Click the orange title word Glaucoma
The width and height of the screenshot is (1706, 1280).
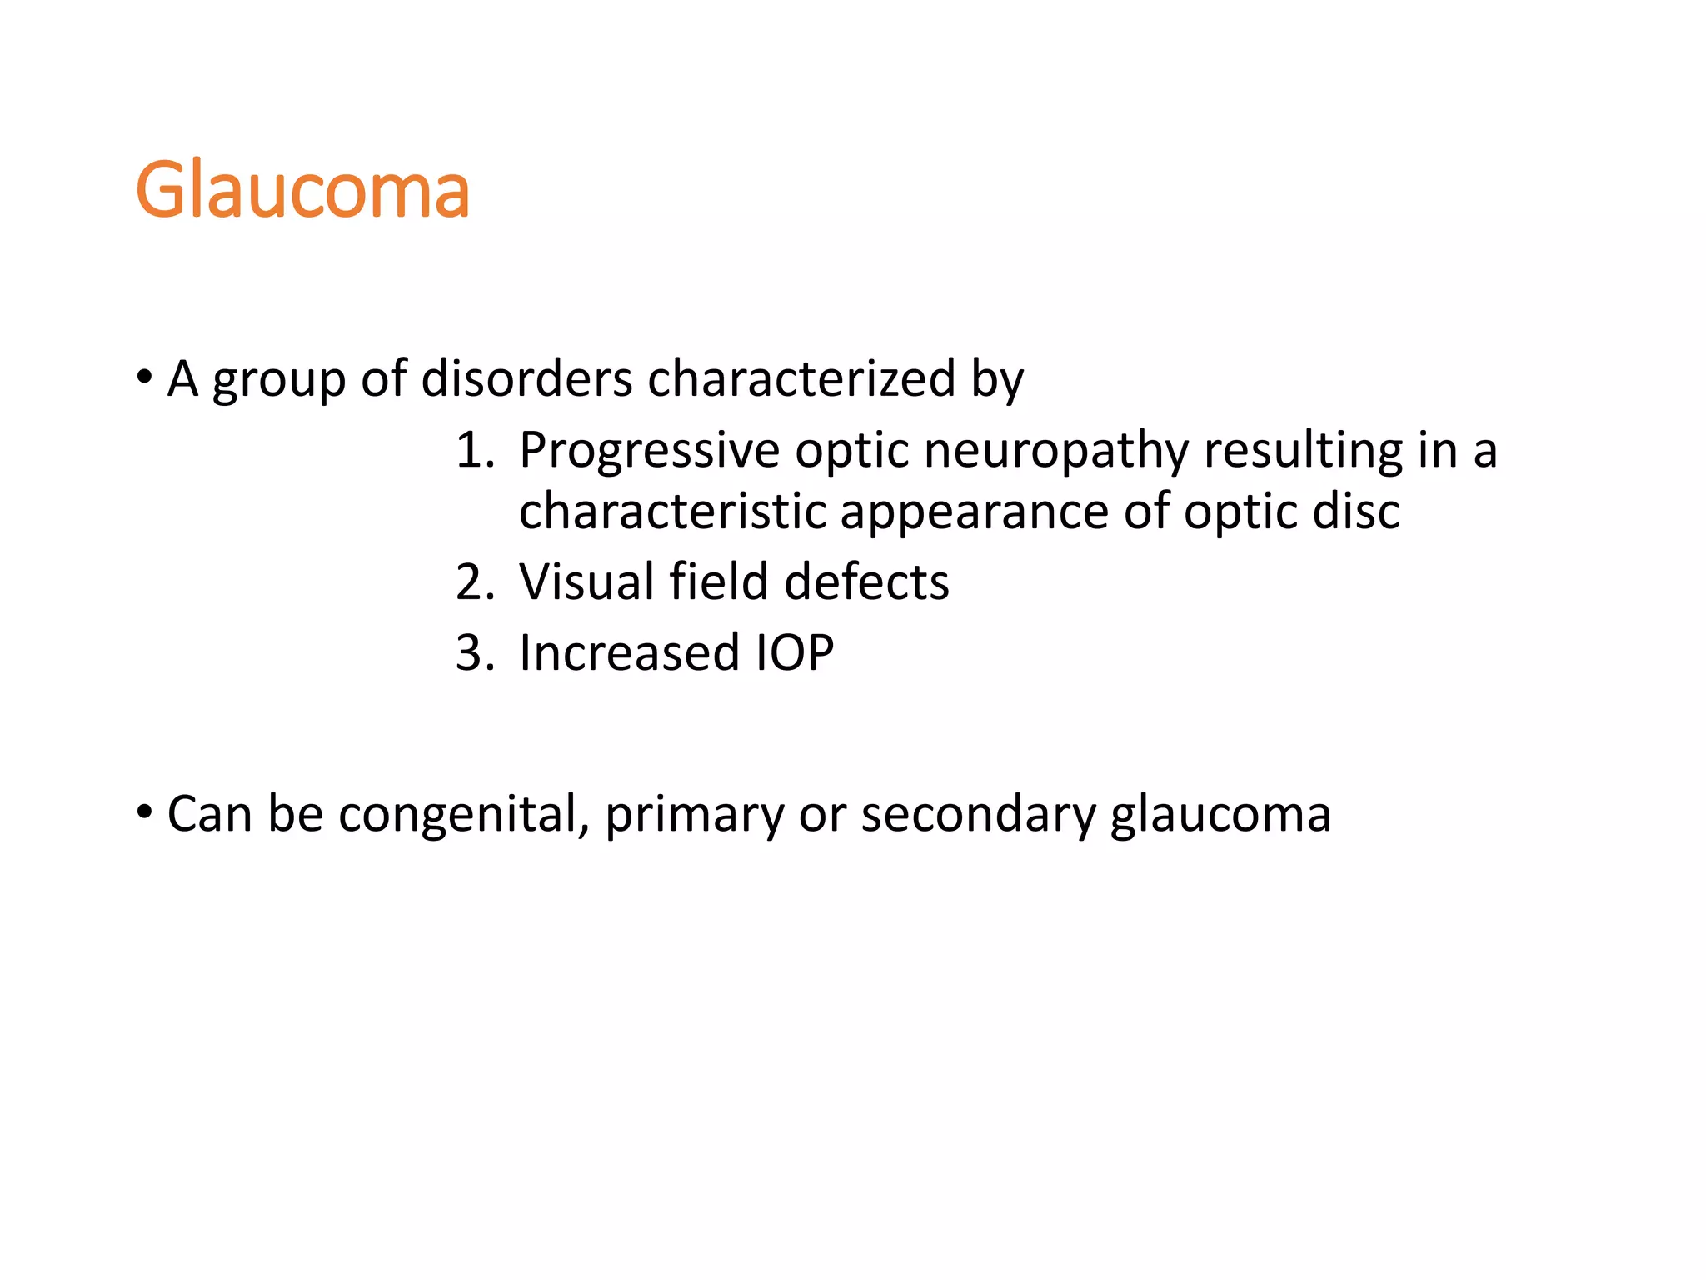[x=302, y=191]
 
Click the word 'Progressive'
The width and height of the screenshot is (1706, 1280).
[x=649, y=452]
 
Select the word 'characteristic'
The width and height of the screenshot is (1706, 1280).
[x=671, y=511]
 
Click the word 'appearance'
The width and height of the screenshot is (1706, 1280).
[x=974, y=512]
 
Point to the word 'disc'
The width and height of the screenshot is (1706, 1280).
[x=1355, y=511]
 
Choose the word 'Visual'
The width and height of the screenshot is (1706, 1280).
[x=586, y=582]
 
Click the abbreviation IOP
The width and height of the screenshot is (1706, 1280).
[x=793, y=652]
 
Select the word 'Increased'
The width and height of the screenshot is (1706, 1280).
[x=629, y=652]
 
